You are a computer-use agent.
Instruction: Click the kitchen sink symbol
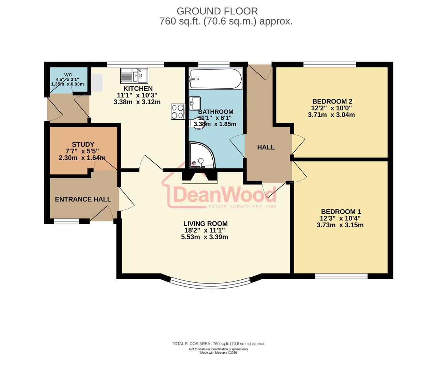134,76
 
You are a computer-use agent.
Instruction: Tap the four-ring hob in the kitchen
178,111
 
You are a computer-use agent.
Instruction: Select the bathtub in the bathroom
215,79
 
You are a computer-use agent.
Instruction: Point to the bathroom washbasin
195,102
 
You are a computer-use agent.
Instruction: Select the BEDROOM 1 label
341,212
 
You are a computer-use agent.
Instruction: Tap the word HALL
266,147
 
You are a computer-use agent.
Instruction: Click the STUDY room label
83,144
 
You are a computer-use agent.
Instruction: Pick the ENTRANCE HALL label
83,199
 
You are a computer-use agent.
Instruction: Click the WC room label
68,75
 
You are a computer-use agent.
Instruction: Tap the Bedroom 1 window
341,276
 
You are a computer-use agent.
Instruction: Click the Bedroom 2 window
330,64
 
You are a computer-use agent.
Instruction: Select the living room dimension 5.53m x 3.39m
205,237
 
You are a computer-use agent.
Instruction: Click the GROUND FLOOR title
217,11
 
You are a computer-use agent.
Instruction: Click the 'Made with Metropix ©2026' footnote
218,353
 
